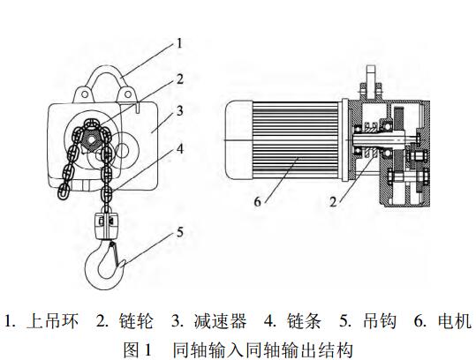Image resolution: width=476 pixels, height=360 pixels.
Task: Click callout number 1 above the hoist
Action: coord(180,43)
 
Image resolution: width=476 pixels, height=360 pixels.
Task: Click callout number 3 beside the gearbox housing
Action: coord(180,110)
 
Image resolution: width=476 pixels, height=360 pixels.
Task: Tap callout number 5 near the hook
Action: coord(180,232)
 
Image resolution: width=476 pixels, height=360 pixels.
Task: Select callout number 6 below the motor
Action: coord(258,202)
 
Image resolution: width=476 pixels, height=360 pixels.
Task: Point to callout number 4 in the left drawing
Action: coord(180,148)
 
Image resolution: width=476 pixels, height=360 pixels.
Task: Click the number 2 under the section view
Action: coord(333,202)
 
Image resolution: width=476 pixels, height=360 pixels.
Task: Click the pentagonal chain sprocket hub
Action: coord(90,140)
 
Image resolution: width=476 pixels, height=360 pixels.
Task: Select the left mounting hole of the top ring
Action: coord(85,94)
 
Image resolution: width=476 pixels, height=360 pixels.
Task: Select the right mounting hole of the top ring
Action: coord(128,94)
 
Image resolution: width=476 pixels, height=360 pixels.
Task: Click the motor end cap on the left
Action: coord(238,140)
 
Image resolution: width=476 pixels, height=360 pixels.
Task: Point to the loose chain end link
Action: coord(63,191)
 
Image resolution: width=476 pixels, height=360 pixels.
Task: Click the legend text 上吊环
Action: coord(52,321)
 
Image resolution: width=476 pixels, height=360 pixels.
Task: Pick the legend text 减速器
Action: coord(220,321)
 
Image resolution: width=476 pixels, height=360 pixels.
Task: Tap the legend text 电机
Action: coord(455,321)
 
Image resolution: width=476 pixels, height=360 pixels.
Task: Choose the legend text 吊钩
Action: coord(380,321)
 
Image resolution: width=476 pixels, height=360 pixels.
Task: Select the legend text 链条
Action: coord(304,321)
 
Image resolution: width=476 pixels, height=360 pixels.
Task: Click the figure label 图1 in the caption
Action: coord(137,349)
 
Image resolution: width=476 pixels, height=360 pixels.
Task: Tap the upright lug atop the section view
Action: coord(371,81)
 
